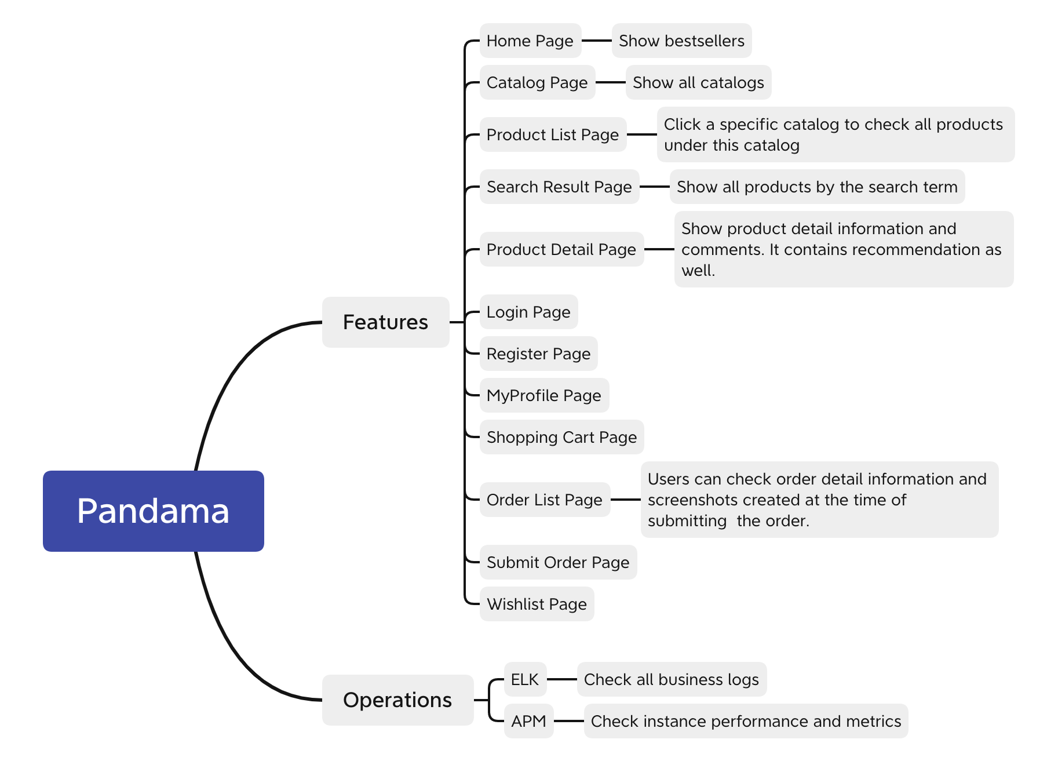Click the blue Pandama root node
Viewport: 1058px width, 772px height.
(x=154, y=511)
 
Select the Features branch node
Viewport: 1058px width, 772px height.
(x=385, y=322)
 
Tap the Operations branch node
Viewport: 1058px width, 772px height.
(x=397, y=700)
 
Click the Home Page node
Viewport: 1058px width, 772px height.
(x=530, y=41)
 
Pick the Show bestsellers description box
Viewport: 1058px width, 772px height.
(x=681, y=41)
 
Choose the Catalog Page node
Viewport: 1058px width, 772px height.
(x=537, y=82)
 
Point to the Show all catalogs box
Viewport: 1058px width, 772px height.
(x=698, y=82)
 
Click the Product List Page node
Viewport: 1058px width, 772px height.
(x=553, y=134)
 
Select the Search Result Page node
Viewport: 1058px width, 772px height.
(x=559, y=187)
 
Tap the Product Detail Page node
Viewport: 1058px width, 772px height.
(x=561, y=249)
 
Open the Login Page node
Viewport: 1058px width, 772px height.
(x=528, y=312)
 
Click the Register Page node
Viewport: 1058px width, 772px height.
(x=538, y=354)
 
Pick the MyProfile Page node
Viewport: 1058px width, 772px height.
(x=544, y=395)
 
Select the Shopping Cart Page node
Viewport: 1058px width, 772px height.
(x=561, y=437)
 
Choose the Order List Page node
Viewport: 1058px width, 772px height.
(x=545, y=500)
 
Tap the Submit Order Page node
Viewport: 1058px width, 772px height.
(x=558, y=562)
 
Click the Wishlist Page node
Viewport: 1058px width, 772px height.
(x=537, y=604)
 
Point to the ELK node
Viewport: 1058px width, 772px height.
(x=525, y=679)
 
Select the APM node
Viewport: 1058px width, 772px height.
(x=528, y=721)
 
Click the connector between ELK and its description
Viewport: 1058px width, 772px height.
(x=562, y=679)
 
